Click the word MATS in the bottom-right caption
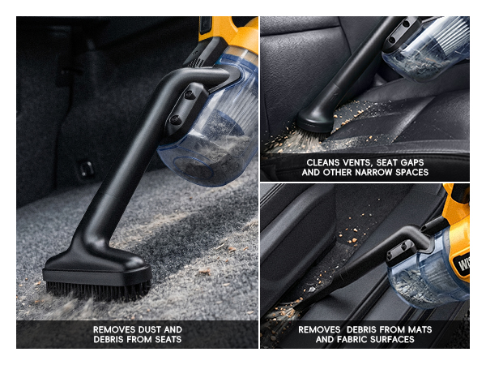coord(420,329)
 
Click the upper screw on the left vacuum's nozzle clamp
coord(190,95)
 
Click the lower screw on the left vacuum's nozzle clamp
coord(176,119)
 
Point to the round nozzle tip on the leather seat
coord(314,122)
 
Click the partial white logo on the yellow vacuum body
coord(463,264)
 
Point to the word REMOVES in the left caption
coord(114,329)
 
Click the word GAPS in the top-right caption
coord(412,162)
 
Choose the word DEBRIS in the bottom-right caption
coord(363,329)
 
